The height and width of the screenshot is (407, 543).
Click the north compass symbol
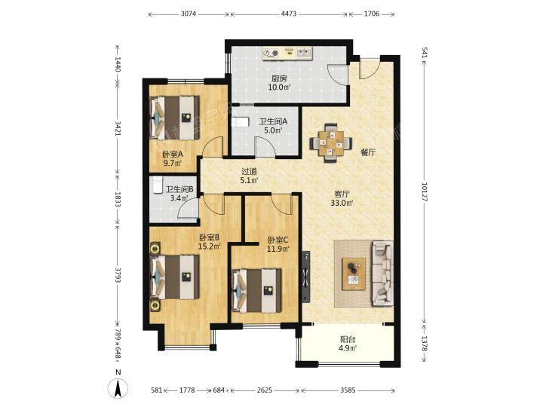tap(118, 387)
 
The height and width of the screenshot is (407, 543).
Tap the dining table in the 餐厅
tap(331, 142)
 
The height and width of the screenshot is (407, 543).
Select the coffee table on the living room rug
tap(354, 274)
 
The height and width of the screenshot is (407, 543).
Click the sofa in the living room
tap(382, 274)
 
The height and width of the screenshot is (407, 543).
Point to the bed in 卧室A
tap(174, 118)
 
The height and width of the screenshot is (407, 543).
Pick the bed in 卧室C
tap(256, 290)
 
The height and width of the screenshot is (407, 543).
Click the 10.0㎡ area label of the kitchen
tap(279, 87)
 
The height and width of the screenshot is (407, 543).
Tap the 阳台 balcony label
tap(348, 339)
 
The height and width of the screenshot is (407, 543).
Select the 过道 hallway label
tap(250, 171)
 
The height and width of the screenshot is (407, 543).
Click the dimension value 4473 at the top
tap(288, 14)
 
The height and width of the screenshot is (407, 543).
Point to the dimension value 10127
tap(425, 192)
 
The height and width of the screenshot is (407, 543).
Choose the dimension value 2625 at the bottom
tap(265, 390)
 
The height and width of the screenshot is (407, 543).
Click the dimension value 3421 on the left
tap(118, 128)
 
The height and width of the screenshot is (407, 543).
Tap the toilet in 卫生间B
tap(158, 184)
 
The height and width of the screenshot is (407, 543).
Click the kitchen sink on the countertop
tap(304, 53)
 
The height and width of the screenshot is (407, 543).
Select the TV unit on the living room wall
tap(306, 277)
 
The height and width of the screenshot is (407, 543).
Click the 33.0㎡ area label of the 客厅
tap(342, 203)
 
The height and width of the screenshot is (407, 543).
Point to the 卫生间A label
tap(274, 122)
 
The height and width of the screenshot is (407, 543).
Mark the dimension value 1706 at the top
tap(372, 14)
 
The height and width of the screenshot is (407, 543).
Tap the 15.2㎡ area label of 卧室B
tap(210, 246)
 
